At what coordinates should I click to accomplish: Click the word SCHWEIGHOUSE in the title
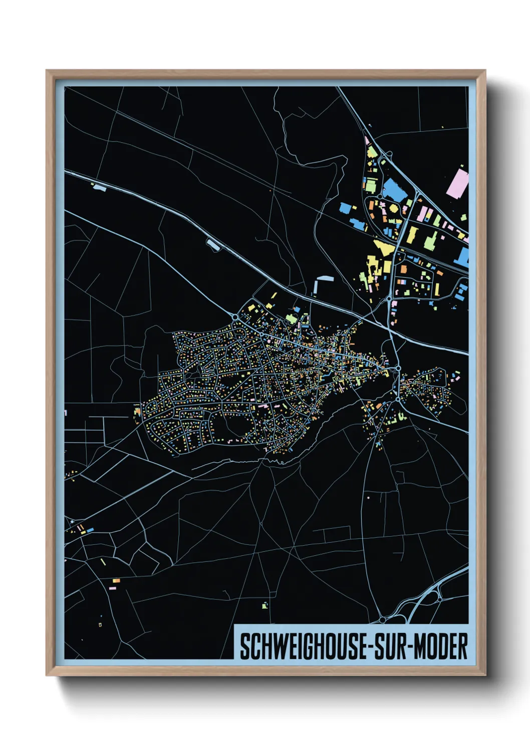[x=303, y=646]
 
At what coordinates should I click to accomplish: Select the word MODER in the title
[x=442, y=646]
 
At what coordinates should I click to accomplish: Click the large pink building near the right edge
[x=457, y=183]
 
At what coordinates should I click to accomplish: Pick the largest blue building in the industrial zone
[x=394, y=190]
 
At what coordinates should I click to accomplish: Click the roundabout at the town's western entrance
[x=235, y=317]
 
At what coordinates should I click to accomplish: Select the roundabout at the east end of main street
[x=397, y=368]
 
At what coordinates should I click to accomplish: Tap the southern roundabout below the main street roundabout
[x=398, y=400]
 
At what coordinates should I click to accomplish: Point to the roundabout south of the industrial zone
[x=389, y=298]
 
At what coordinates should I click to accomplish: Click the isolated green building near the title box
[x=265, y=605]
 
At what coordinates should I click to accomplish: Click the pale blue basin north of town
[x=324, y=278]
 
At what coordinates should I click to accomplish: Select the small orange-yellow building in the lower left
[x=116, y=580]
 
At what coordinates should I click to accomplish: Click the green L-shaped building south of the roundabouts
[x=401, y=416]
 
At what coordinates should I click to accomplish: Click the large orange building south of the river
[x=379, y=406]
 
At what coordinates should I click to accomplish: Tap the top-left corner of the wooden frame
[x=47, y=71]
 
